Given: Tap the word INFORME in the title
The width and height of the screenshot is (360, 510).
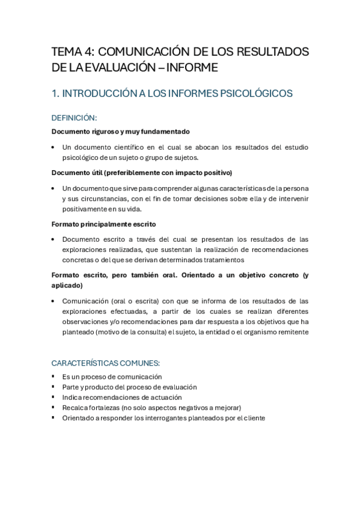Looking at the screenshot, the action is click(x=194, y=68).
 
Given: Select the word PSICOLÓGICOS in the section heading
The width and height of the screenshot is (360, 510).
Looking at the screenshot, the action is click(x=255, y=93).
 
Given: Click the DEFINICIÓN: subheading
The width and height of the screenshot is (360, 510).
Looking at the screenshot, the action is click(x=74, y=118).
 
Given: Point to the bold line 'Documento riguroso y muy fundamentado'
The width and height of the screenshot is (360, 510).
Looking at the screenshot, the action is click(x=120, y=131).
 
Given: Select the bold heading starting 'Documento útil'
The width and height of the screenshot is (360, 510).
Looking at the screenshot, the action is click(x=141, y=173).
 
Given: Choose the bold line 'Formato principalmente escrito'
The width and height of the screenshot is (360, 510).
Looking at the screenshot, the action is click(x=103, y=224).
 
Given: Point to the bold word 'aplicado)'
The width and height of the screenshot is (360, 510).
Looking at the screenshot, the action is click(x=67, y=286).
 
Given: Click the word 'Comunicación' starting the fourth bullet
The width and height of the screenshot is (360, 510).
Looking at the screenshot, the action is click(x=84, y=301).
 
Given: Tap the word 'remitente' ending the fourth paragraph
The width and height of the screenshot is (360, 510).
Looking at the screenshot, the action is click(x=291, y=331).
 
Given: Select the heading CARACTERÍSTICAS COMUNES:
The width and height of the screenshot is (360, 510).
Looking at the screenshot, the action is click(x=105, y=363).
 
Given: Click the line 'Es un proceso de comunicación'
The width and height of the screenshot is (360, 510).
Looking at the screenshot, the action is click(x=112, y=376).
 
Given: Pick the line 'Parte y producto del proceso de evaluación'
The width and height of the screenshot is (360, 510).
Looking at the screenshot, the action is click(x=129, y=387).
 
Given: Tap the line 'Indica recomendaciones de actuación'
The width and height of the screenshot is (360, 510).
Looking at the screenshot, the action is click(x=121, y=397).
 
